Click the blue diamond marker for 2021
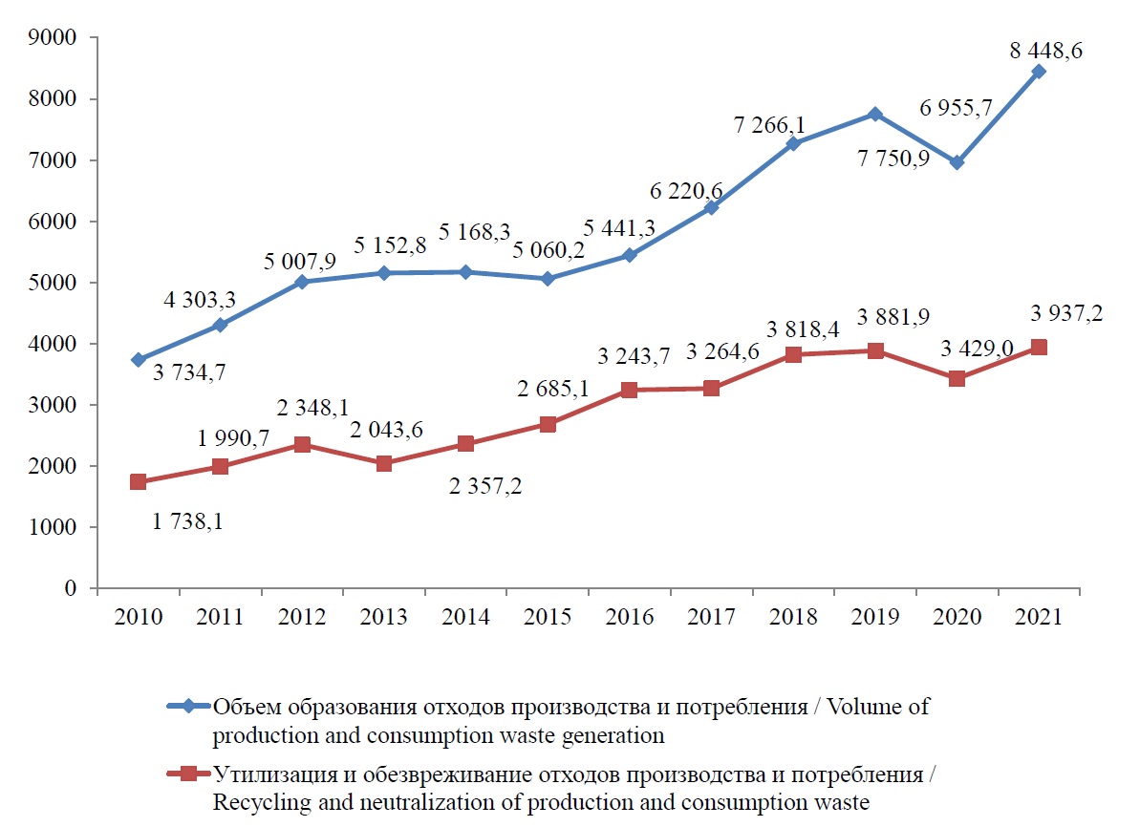click(x=1039, y=72)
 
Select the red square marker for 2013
click(x=384, y=463)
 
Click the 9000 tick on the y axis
click(x=56, y=38)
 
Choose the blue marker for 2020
click(x=957, y=162)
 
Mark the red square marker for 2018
click(x=793, y=354)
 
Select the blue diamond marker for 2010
click(x=139, y=359)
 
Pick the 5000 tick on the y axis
click(x=56, y=283)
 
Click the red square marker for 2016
click(x=630, y=390)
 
